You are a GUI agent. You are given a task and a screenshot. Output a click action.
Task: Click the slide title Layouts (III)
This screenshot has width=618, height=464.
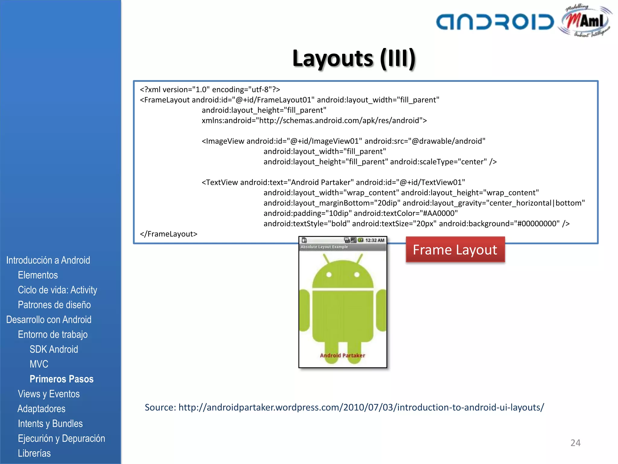(354, 58)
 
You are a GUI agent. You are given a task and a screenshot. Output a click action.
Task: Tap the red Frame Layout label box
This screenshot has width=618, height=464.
(455, 250)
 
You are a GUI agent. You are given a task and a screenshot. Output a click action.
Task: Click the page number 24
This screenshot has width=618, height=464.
(575, 443)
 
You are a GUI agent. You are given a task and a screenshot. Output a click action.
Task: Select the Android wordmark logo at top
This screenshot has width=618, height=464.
(495, 22)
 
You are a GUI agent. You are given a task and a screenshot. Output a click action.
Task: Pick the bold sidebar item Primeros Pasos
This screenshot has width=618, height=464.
(62, 379)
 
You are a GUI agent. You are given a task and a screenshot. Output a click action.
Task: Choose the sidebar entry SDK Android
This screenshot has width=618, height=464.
(54, 349)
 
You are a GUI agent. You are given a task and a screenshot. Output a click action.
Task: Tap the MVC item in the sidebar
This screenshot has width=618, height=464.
(39, 364)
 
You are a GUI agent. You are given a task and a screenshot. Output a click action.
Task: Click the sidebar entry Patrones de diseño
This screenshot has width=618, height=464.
(54, 305)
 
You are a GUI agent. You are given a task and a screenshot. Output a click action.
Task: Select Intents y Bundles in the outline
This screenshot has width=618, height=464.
(50, 424)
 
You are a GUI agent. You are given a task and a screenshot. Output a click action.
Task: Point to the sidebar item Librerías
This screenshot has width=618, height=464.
(34, 453)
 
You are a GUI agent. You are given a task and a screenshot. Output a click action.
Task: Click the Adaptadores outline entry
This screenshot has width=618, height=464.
(42, 409)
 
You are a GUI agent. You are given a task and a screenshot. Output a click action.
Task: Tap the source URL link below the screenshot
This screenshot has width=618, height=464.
(361, 407)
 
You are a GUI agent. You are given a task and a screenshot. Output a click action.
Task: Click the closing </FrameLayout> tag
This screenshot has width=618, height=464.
(168, 234)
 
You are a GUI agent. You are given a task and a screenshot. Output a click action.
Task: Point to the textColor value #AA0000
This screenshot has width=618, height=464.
(440, 213)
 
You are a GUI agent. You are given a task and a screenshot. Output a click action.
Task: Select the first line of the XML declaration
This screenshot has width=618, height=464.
(210, 89)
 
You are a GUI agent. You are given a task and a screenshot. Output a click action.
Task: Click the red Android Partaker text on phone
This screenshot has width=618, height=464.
(342, 355)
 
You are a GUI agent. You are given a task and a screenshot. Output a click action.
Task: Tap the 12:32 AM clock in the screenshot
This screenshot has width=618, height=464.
(375, 240)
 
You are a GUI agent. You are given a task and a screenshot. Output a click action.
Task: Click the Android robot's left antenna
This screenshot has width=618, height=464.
(326, 259)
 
